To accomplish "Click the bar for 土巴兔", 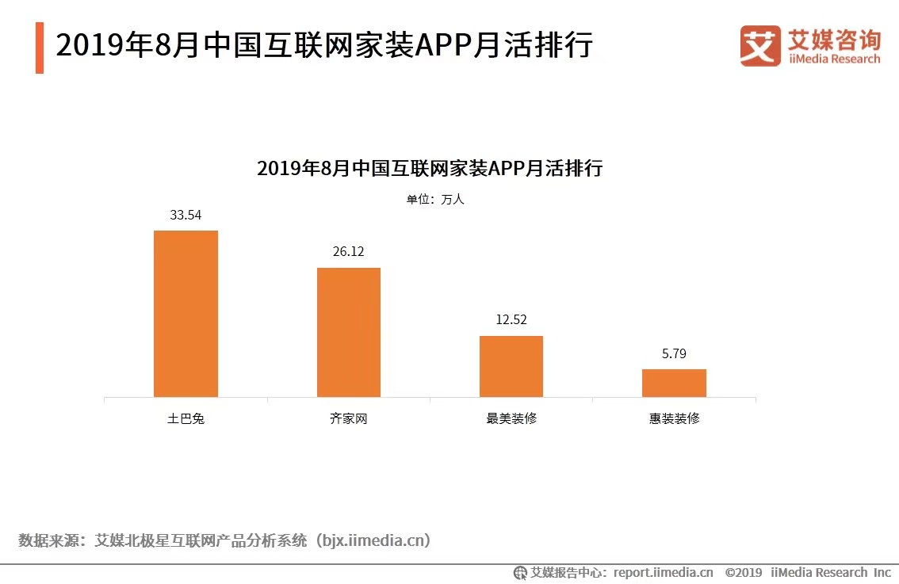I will pyautogui.click(x=186, y=314).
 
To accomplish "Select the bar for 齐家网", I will pyautogui.click(x=349, y=332).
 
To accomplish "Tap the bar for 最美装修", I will pyautogui.click(x=511, y=366).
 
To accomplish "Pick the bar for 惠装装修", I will pyautogui.click(x=674, y=383).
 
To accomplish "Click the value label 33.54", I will pyautogui.click(x=186, y=215).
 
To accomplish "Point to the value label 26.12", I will pyautogui.click(x=349, y=252).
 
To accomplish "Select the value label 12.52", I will pyautogui.click(x=511, y=320).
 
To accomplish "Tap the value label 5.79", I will pyautogui.click(x=674, y=353).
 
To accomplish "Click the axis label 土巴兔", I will pyautogui.click(x=186, y=418).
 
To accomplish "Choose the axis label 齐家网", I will pyautogui.click(x=349, y=418).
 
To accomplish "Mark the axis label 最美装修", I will pyautogui.click(x=511, y=418).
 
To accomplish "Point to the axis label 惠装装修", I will pyautogui.click(x=674, y=418).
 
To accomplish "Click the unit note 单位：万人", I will pyautogui.click(x=435, y=200).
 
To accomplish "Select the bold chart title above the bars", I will pyautogui.click(x=430, y=169).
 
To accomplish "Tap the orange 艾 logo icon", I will pyautogui.click(x=760, y=46).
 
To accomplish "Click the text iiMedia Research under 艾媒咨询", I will pyautogui.click(x=833, y=59).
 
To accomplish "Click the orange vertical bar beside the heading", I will pyautogui.click(x=40, y=48).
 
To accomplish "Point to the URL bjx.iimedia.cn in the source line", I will pyautogui.click(x=373, y=541).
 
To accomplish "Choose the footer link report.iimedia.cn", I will pyautogui.click(x=663, y=572).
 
